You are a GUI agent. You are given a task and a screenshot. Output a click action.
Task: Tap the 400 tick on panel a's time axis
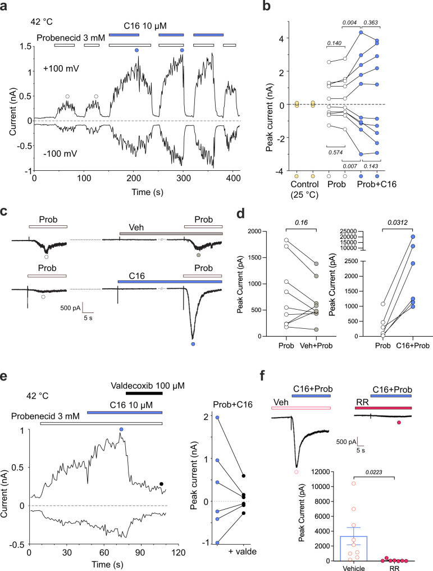click(231, 179)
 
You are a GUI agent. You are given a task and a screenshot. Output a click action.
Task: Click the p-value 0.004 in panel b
click(350, 22)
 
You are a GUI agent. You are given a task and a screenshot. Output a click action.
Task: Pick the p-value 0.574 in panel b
click(335, 151)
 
